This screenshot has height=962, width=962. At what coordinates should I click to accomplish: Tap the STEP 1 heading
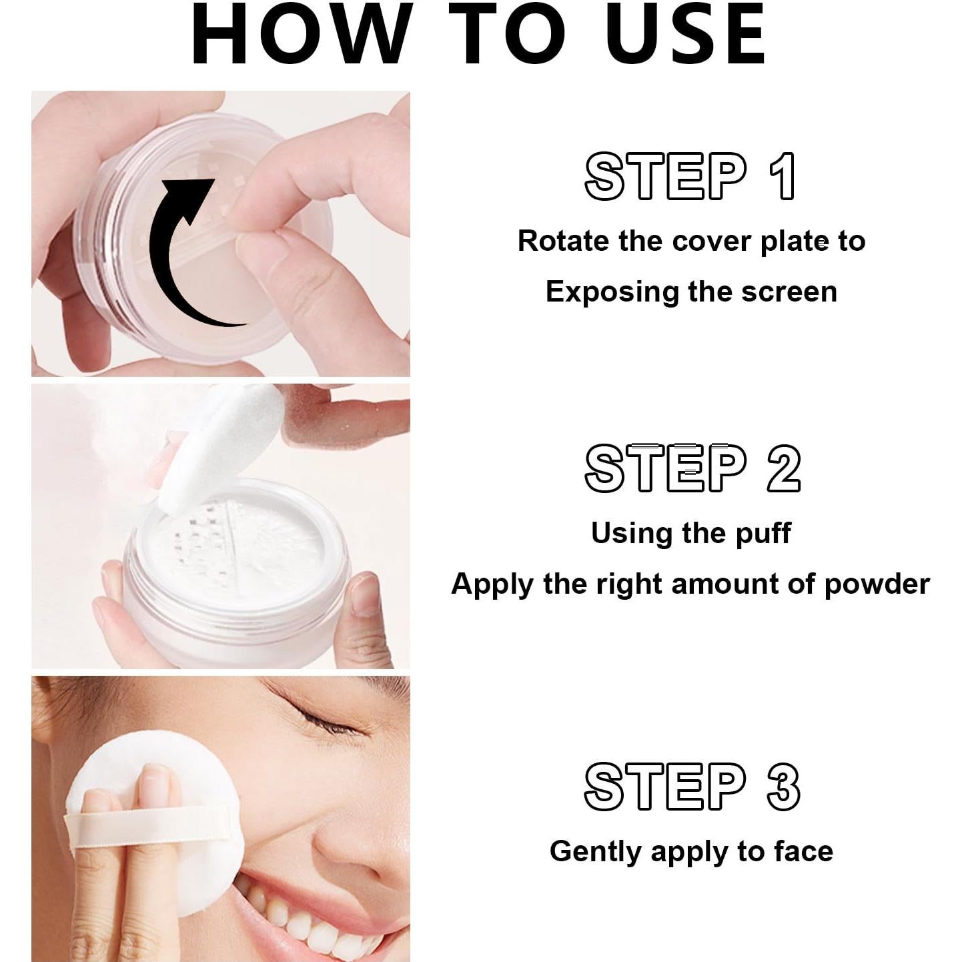pos(690,177)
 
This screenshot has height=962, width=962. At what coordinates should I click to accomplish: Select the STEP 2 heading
pos(692,468)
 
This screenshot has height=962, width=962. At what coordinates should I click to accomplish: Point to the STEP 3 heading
pos(692,787)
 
